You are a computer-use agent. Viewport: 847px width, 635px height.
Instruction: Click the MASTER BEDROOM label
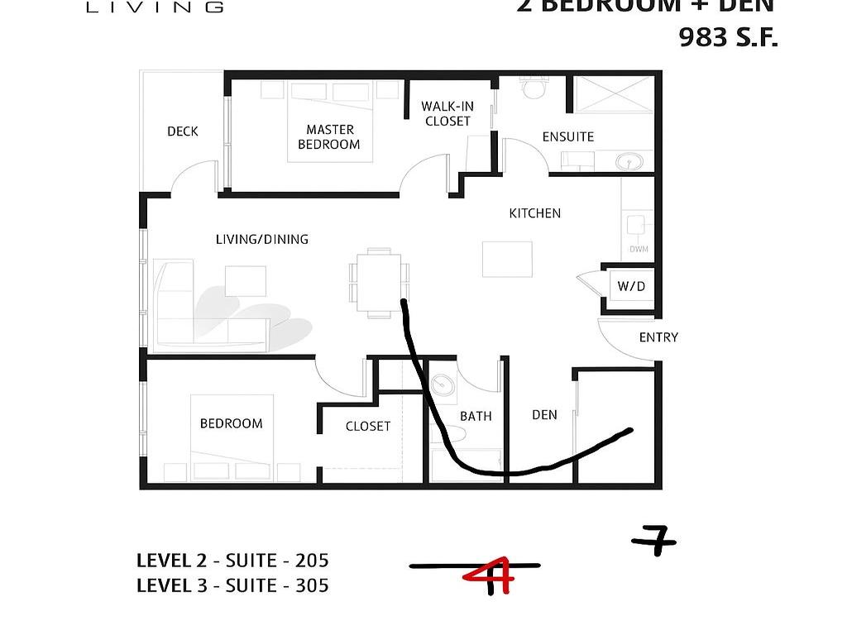pos(329,136)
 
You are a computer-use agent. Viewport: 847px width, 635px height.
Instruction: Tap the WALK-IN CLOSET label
pos(447,113)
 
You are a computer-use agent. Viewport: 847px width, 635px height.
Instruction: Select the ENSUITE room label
pos(567,136)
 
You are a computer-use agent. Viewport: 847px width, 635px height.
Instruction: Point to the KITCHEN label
pos(534,213)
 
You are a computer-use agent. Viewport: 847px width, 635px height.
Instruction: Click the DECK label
pos(182,131)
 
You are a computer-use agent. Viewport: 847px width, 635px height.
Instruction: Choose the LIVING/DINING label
pos(261,239)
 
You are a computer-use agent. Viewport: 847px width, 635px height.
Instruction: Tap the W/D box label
pos(631,287)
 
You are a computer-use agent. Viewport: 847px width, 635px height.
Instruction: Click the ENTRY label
pos(658,337)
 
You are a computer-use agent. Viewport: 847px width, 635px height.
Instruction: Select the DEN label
pos(544,414)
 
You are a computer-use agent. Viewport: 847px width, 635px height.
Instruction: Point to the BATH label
pos(476,416)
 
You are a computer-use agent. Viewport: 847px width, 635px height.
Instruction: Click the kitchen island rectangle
pos(507,259)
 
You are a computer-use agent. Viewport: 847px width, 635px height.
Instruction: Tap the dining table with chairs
pos(379,282)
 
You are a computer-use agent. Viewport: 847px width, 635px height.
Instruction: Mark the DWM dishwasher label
pos(639,249)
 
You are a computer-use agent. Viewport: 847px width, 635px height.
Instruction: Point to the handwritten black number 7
pos(655,542)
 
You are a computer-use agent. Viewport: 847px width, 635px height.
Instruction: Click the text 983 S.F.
pos(728,37)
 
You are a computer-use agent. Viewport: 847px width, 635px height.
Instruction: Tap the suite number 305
pos(312,585)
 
